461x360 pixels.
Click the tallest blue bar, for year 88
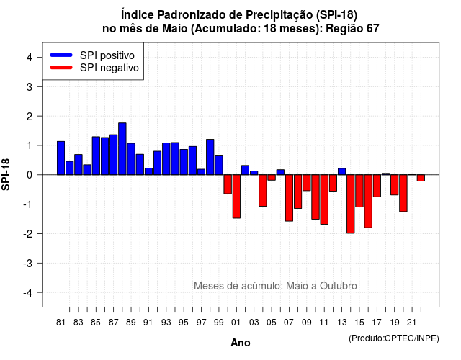click(x=122, y=149)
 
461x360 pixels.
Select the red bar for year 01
click(x=236, y=197)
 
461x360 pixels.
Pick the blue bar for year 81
click(x=61, y=158)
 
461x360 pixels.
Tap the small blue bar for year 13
click(x=341, y=171)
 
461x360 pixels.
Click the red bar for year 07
click(x=289, y=198)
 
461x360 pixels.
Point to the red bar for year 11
click(x=324, y=199)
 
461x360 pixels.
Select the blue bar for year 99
click(x=219, y=165)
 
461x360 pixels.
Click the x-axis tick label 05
click(x=272, y=323)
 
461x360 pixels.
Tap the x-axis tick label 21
click(x=412, y=323)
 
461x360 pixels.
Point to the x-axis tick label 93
click(x=166, y=323)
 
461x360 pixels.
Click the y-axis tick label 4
click(x=30, y=58)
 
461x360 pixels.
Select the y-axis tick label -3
click(x=27, y=264)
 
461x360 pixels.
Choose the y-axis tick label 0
click(x=30, y=175)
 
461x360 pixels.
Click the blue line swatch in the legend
click(x=61, y=55)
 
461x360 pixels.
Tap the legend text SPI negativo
click(x=109, y=68)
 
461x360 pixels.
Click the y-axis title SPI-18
click(x=6, y=174)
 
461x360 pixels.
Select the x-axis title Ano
click(x=241, y=343)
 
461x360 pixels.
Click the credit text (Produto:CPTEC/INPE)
click(x=394, y=338)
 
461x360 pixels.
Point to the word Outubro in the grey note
click(x=339, y=286)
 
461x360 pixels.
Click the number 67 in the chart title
click(x=373, y=29)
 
